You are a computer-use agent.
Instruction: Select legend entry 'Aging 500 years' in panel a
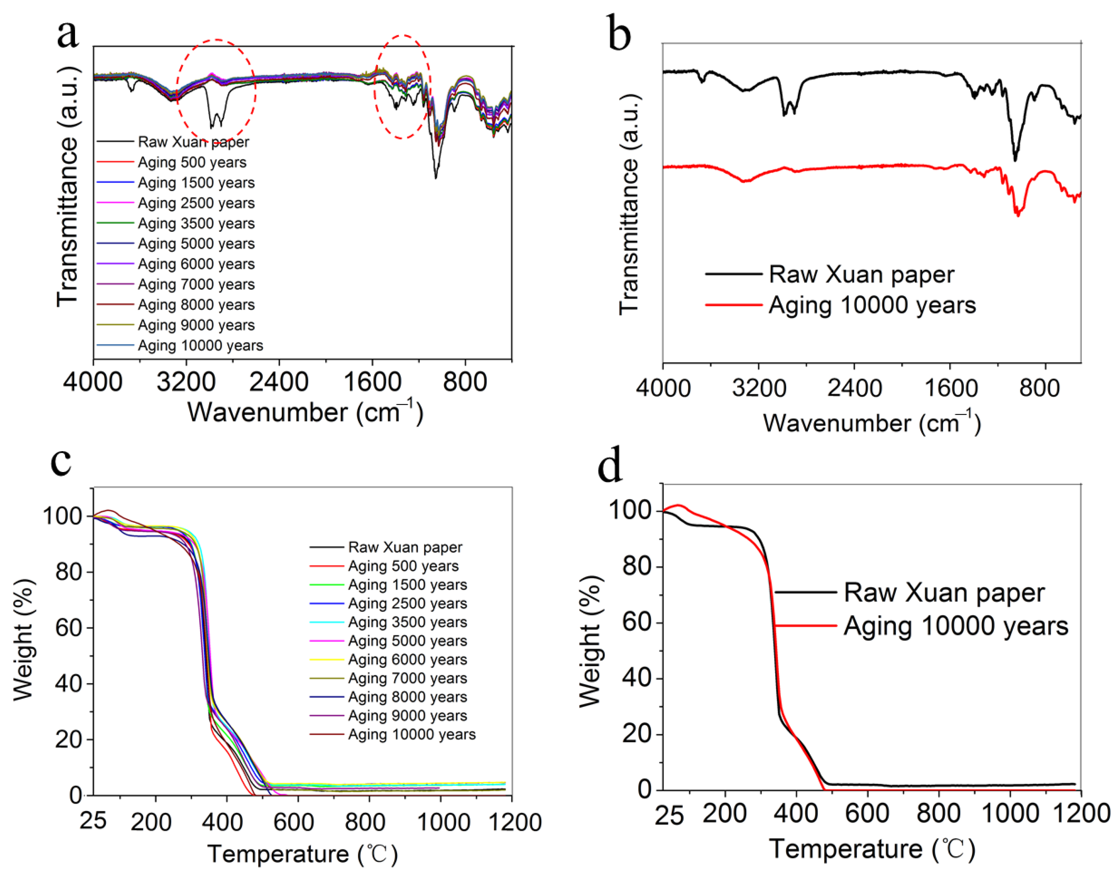[192, 163]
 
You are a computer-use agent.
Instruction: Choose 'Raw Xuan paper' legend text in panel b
[861, 274]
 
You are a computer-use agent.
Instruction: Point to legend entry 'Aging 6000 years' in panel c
[407, 659]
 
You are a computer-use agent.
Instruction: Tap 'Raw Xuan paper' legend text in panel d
[944, 592]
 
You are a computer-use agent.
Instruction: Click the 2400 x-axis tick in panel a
[279, 382]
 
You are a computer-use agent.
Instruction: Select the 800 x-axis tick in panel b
[1039, 387]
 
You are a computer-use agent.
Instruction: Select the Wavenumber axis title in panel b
[871, 423]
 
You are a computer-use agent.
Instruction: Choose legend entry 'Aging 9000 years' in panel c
[407, 715]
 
